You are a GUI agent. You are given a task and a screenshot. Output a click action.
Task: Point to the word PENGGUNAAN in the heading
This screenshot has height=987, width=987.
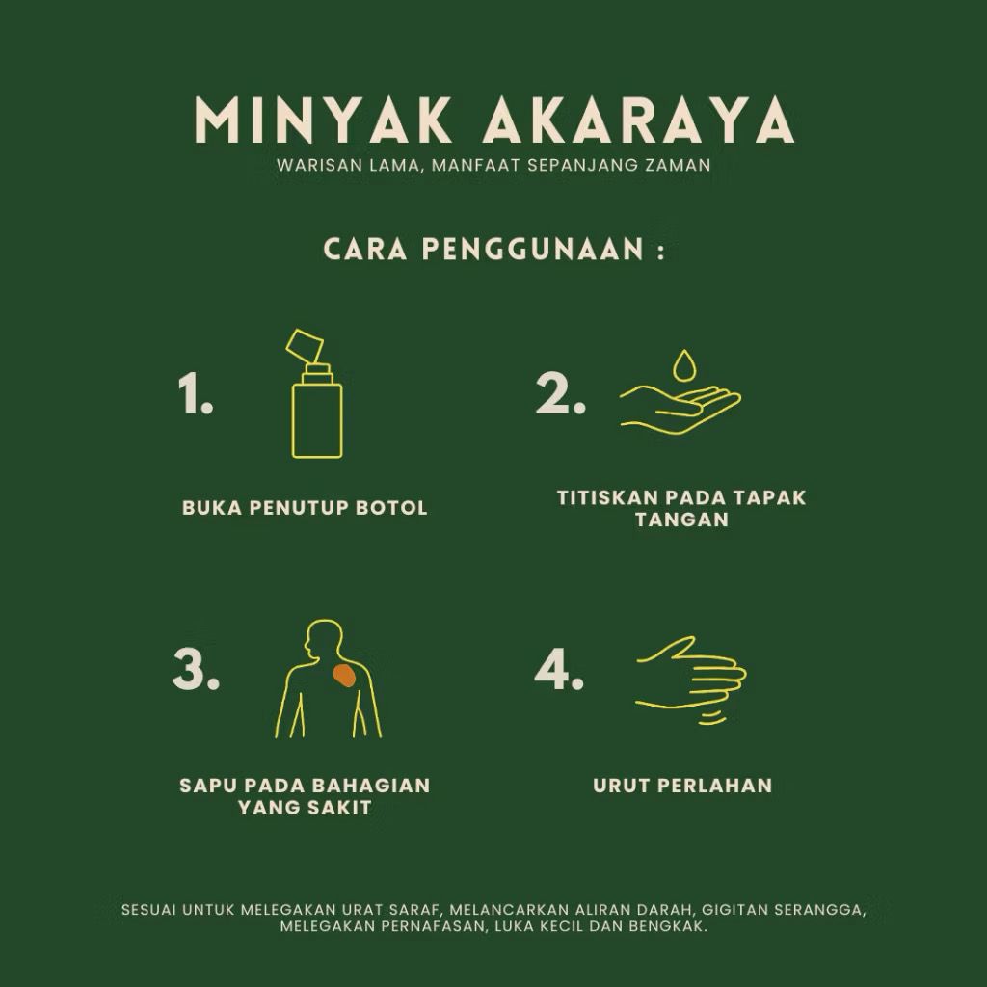coord(532,250)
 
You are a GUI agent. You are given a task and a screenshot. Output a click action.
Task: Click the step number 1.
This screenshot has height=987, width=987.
coord(195,393)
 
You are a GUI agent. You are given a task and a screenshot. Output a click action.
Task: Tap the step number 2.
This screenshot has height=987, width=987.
coord(560,393)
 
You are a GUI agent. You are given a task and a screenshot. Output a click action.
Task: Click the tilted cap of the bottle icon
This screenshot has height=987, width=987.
coord(305,345)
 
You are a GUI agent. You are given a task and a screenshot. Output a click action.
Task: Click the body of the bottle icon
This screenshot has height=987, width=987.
coord(317,420)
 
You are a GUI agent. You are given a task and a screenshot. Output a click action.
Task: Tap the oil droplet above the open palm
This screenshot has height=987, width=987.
coord(684,366)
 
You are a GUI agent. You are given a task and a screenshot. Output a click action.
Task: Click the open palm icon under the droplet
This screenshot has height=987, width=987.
coord(680,410)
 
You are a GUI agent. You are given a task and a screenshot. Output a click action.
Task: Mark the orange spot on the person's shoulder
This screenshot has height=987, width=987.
coord(344,675)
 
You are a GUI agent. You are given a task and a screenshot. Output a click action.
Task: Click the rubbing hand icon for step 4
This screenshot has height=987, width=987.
coord(691,680)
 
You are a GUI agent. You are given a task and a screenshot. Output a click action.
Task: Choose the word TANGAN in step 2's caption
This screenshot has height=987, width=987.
coord(681,520)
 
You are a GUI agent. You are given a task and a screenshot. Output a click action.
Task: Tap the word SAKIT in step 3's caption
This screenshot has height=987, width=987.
coord(338,807)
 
